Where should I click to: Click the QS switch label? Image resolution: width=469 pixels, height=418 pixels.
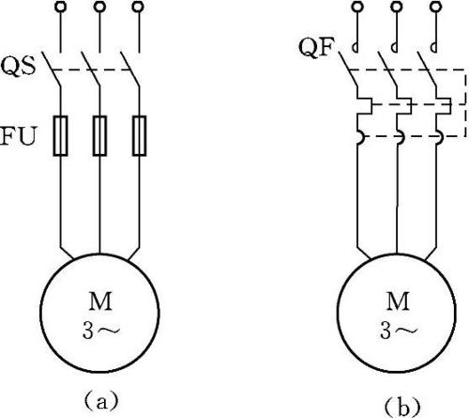pyautogui.click(x=18, y=67)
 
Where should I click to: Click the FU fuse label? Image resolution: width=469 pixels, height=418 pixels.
pyautogui.click(x=18, y=136)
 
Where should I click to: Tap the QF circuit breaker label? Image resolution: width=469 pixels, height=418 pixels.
pyautogui.click(x=317, y=48)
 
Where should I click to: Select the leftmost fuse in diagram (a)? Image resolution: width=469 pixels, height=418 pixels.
pyautogui.click(x=60, y=135)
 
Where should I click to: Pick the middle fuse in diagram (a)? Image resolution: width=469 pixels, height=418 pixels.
pyautogui.click(x=99, y=135)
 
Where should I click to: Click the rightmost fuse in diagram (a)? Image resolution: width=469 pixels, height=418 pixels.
pyautogui.click(x=139, y=135)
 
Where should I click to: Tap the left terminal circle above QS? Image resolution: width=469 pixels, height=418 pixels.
pyautogui.click(x=60, y=7)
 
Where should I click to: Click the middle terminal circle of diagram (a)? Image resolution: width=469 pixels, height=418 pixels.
pyautogui.click(x=99, y=7)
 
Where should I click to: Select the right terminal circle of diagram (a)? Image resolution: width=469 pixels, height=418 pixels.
pyautogui.click(x=138, y=7)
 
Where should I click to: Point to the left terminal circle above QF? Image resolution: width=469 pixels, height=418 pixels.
pyautogui.click(x=357, y=7)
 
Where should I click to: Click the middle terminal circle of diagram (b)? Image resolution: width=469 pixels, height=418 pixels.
pyautogui.click(x=397, y=7)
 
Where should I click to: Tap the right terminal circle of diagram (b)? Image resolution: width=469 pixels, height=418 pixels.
pyautogui.click(x=435, y=7)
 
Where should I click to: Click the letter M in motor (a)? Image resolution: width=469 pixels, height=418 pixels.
pyautogui.click(x=100, y=301)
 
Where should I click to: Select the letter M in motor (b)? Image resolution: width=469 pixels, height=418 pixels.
pyautogui.click(x=398, y=301)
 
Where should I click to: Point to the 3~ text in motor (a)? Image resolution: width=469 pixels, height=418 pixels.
pyautogui.click(x=100, y=331)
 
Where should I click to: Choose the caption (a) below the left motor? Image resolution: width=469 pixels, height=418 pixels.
pyautogui.click(x=101, y=401)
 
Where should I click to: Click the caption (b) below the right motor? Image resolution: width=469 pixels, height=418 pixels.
pyautogui.click(x=402, y=407)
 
